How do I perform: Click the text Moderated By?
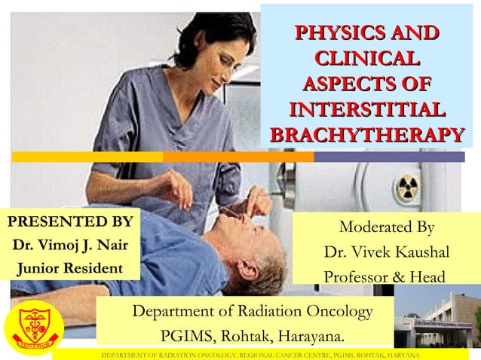pyautogui.click(x=387, y=227)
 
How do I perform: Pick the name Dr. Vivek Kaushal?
pyautogui.click(x=387, y=252)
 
